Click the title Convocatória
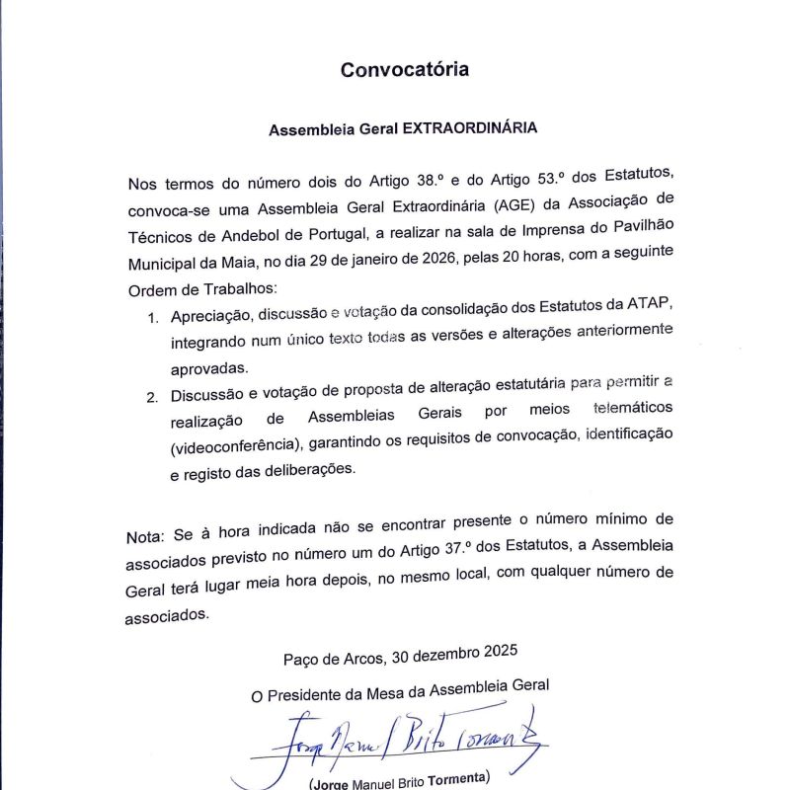coord(404,70)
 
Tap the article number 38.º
coord(413,183)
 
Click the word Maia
coord(251,265)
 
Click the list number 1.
coord(152,318)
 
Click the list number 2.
coord(152,397)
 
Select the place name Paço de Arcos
coord(333,657)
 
